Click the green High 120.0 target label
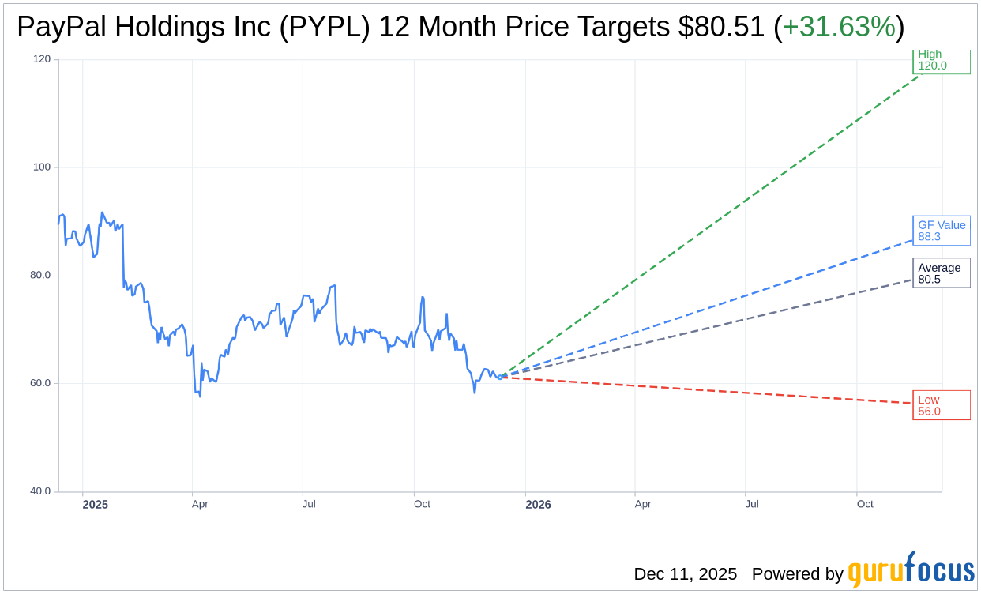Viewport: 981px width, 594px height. [x=941, y=60]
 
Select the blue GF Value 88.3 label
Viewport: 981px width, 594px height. [x=941, y=231]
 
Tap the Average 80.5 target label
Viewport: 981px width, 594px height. [x=941, y=273]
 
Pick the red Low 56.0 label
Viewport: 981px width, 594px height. [x=941, y=405]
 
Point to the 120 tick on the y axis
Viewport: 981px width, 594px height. [x=42, y=59]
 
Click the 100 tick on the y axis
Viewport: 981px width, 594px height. [x=42, y=167]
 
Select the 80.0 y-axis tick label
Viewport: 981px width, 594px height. [x=40, y=276]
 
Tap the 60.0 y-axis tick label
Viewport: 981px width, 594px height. [x=40, y=383]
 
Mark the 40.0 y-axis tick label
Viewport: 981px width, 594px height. [x=40, y=491]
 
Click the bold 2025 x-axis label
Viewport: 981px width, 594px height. [x=96, y=505]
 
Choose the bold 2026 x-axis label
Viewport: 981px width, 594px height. [x=538, y=505]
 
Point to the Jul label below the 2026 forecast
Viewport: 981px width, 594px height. [x=751, y=504]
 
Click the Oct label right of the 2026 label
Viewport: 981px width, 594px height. [x=865, y=504]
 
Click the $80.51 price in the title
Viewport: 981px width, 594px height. [x=721, y=27]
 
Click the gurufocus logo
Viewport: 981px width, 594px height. [x=911, y=570]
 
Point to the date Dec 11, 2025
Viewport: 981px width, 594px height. [x=685, y=574]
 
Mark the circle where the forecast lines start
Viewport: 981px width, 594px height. [x=500, y=377]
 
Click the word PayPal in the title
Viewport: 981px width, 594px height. [x=61, y=27]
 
